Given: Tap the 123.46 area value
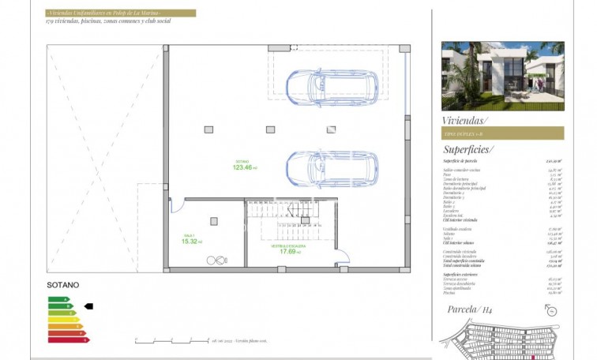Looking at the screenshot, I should point(244,167).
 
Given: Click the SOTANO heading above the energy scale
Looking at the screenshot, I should point(63,285).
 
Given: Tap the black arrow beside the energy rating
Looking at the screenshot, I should point(88,306).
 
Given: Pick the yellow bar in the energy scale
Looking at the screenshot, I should point(63,319).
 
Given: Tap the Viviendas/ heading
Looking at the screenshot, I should point(465,120).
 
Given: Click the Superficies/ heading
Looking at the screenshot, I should point(468,148).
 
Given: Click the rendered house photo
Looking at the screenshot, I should point(502,76).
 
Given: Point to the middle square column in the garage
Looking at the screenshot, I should point(270,129).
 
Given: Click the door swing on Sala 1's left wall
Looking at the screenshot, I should point(175,204).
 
